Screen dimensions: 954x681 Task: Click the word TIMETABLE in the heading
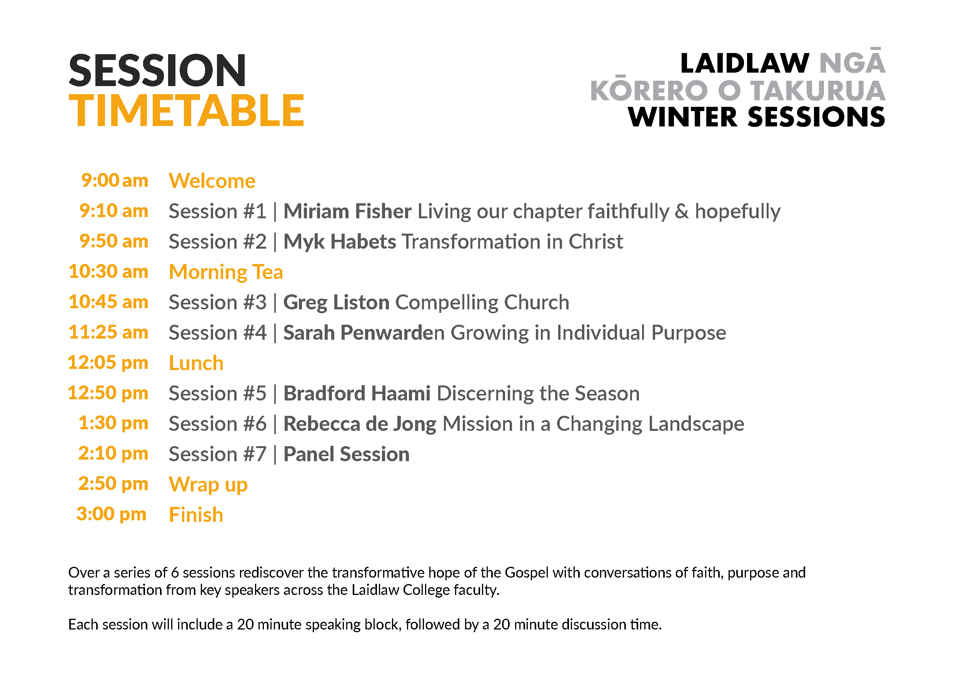coord(186,110)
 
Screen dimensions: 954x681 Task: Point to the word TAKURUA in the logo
coord(817,91)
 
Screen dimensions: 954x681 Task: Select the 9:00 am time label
coord(115,180)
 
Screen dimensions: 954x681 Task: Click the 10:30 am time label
coord(108,271)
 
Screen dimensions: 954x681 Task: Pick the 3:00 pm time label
coord(111,515)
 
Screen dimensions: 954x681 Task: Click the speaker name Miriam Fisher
coord(347,211)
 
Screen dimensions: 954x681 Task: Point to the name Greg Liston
coord(336,302)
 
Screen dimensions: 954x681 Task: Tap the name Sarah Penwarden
coord(364,332)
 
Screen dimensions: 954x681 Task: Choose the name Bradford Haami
coord(357,393)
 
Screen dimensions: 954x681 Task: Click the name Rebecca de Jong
coord(360,424)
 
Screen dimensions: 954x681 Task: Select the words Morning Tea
coord(226,272)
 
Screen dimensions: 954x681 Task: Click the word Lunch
coord(196,363)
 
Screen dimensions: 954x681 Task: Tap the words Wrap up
coord(208,485)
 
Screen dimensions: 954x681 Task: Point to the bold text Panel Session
coord(346,454)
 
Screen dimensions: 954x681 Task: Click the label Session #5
coord(217,393)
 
